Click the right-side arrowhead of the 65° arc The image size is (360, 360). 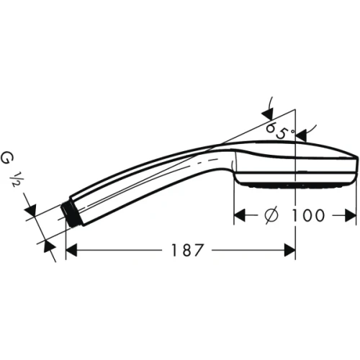[x=302, y=132]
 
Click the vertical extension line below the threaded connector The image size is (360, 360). [x=66, y=241]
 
